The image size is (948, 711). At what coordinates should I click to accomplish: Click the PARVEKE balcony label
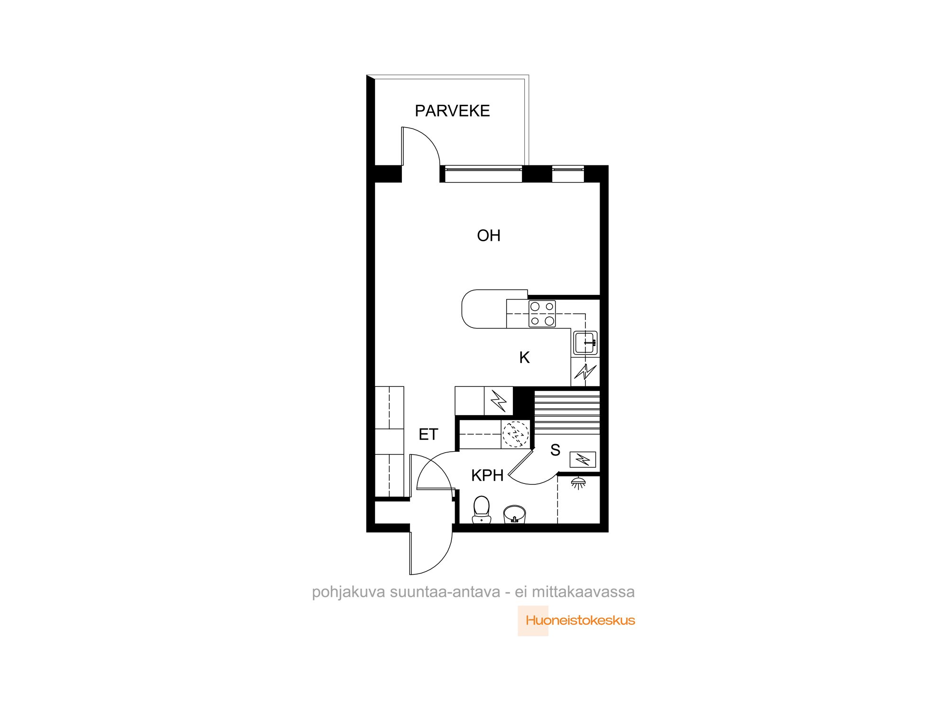pos(452,111)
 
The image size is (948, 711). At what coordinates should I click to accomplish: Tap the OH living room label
pos(489,236)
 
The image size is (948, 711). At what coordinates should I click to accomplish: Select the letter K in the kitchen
pos(524,357)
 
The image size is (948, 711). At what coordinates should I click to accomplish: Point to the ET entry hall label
pos(428,434)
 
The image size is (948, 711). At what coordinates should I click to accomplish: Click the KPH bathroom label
pos(487,475)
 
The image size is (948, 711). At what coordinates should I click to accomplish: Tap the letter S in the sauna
pos(556,450)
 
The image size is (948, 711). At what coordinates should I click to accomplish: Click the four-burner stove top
pos(542,314)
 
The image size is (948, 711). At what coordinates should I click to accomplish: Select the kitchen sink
pos(586,343)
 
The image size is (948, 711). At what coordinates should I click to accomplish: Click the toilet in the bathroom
pos(482,510)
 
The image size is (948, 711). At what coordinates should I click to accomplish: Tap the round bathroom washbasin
pos(515,514)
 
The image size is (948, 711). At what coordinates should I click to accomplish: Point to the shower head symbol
pos(578,483)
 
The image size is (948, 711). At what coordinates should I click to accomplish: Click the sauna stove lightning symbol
pos(583,459)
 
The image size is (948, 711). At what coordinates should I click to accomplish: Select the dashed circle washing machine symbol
pos(516,434)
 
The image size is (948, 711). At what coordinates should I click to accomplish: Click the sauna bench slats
pos(567,412)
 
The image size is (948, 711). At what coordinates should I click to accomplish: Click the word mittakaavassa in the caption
pos(583,592)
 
